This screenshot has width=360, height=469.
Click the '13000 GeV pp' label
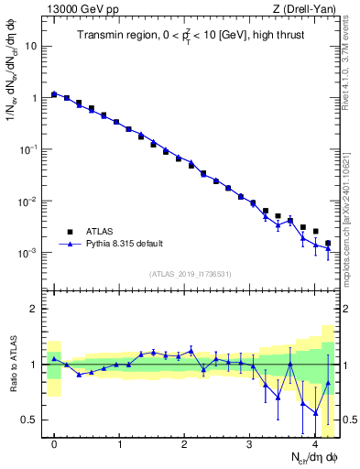point(82,9)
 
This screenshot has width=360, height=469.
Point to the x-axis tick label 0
point(54,444)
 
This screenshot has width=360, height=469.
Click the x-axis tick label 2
point(184,444)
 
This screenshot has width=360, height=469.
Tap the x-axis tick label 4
point(314,444)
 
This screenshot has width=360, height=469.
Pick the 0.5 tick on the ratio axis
point(30,420)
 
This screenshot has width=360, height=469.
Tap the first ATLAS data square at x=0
point(54,93)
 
